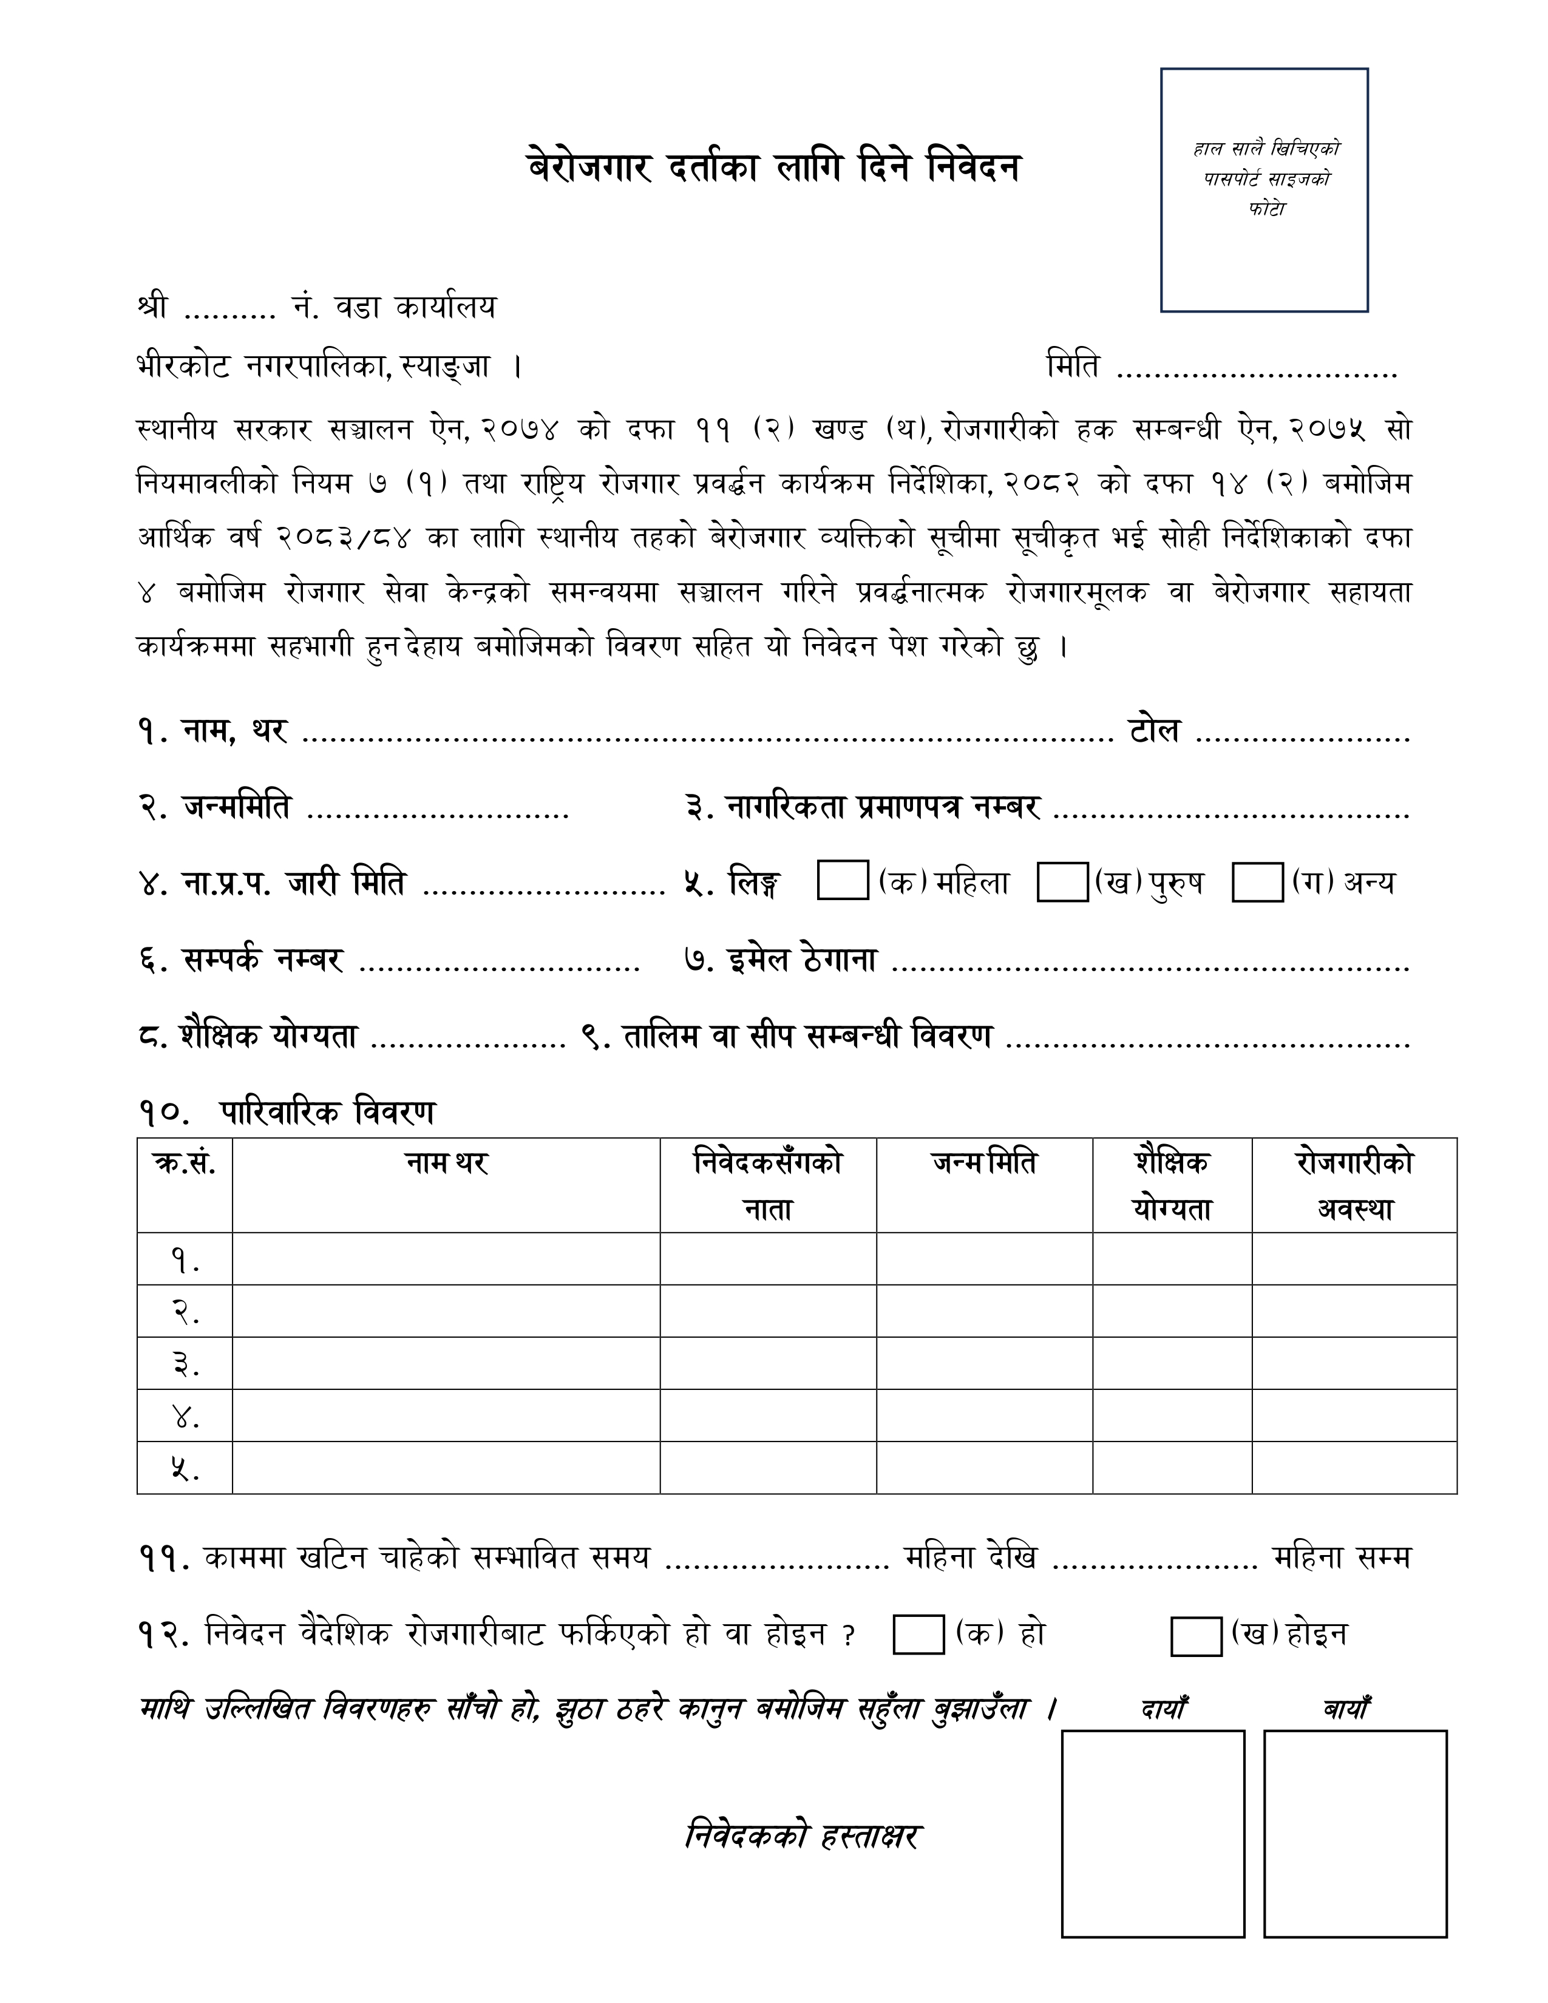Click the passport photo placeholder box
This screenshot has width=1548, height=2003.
pyautogui.click(x=1264, y=190)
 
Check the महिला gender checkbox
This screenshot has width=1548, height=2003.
pyautogui.click(x=842, y=881)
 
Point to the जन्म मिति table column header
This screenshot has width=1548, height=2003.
pyautogui.click(x=984, y=1164)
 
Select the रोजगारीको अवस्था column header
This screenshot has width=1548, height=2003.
pyautogui.click(x=1354, y=1185)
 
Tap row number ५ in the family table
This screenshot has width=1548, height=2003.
pyautogui.click(x=185, y=1468)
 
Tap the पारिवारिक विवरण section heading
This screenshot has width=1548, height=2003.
pyautogui.click(x=327, y=1113)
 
